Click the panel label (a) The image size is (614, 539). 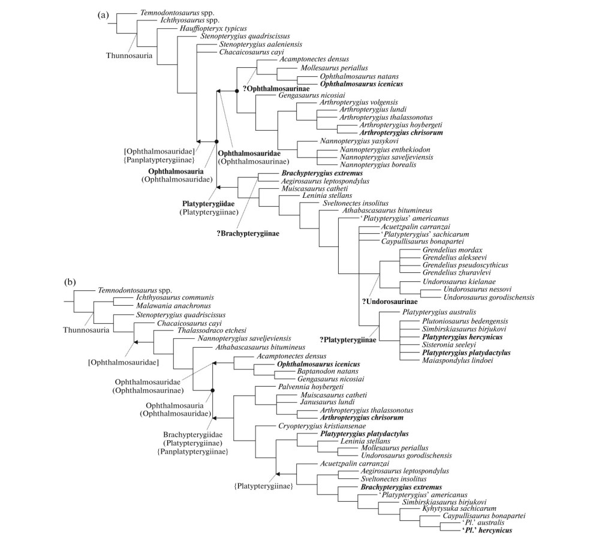pyautogui.click(x=103, y=16)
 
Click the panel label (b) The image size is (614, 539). pyautogui.click(x=72, y=280)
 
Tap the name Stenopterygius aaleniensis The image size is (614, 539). pyautogui.click(x=260, y=44)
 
